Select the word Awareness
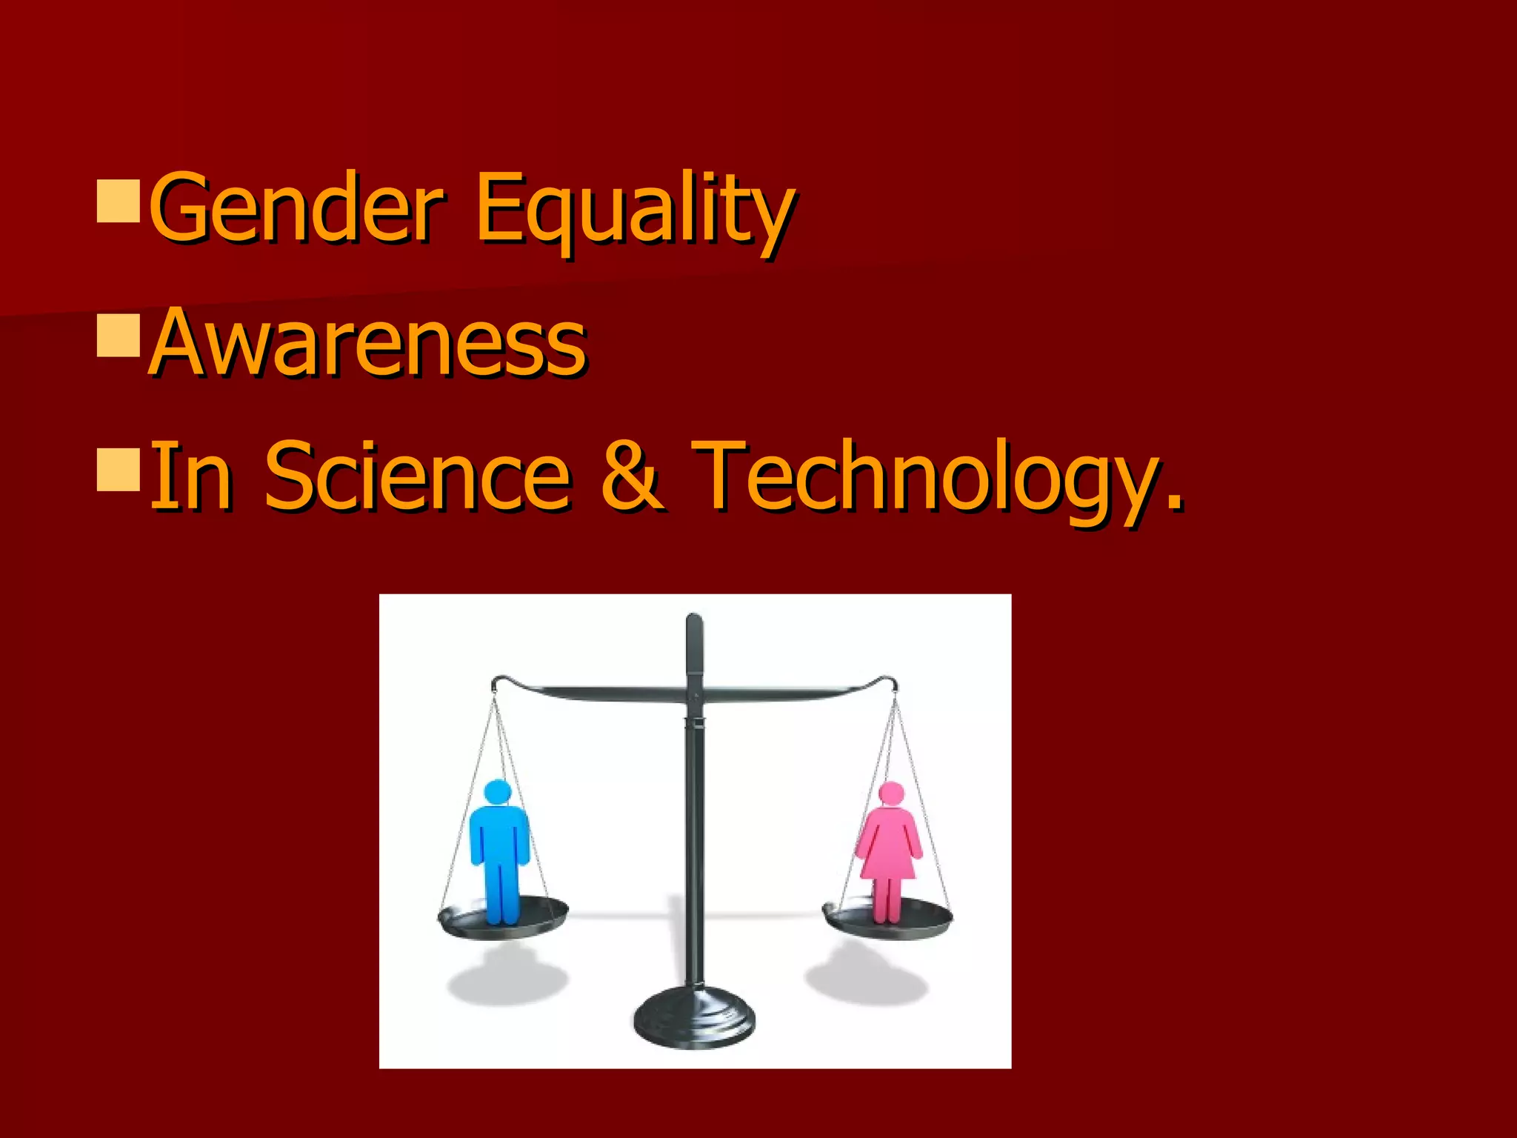point(368,343)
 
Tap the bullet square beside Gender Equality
point(119,199)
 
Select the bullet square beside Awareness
point(119,336)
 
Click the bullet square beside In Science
point(119,469)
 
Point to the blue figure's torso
point(499,837)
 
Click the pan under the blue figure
point(504,921)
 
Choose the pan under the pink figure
point(889,922)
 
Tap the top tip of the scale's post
point(694,618)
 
